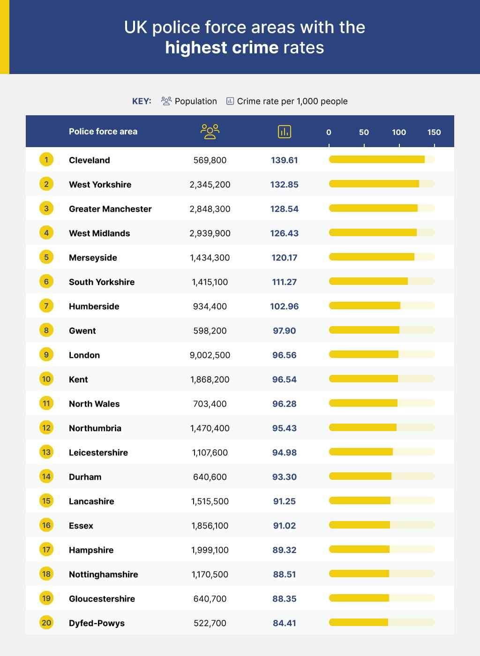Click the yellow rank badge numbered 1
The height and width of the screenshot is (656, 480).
(x=46, y=160)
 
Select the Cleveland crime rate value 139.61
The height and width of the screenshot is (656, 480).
(x=284, y=160)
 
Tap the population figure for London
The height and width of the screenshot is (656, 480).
(x=210, y=355)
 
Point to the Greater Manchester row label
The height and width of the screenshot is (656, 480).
(x=110, y=209)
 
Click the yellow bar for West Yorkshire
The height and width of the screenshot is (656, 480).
(x=374, y=184)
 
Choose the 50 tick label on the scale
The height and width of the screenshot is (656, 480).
(x=364, y=132)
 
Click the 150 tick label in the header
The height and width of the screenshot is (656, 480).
(x=434, y=132)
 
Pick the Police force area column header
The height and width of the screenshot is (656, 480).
(x=103, y=132)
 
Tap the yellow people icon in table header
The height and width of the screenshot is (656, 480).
(x=210, y=132)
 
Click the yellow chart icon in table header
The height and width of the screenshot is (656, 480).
(x=284, y=132)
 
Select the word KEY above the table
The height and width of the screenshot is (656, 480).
(x=142, y=101)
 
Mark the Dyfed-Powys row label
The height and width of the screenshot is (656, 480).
(x=97, y=623)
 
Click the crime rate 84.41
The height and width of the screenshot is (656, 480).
(x=284, y=623)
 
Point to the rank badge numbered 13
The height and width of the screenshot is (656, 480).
(x=46, y=452)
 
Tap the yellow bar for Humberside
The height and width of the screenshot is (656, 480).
(x=365, y=306)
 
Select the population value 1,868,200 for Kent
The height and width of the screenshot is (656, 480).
(x=210, y=379)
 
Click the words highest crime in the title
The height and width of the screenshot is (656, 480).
(x=222, y=47)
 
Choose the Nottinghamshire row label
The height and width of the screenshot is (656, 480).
(x=104, y=574)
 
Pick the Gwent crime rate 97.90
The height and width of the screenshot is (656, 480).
(x=284, y=331)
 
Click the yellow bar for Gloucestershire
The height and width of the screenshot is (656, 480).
(x=359, y=598)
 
